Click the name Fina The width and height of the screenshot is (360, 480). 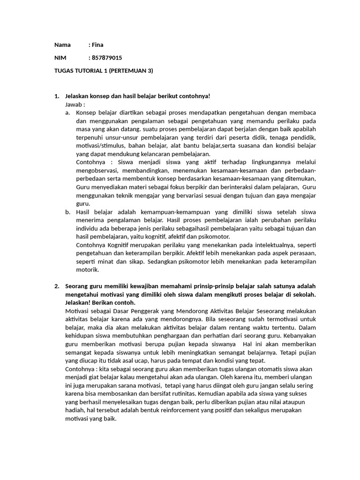pyautogui.click(x=97, y=45)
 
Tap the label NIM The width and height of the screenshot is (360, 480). pyautogui.click(x=60, y=58)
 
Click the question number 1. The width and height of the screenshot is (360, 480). pyautogui.click(x=57, y=96)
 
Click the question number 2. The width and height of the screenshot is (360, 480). pyautogui.click(x=57, y=286)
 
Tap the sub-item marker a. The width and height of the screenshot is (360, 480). pyautogui.click(x=67, y=113)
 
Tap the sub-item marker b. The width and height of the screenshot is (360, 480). pyautogui.click(x=67, y=212)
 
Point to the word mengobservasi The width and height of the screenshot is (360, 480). pyautogui.click(x=97, y=171)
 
